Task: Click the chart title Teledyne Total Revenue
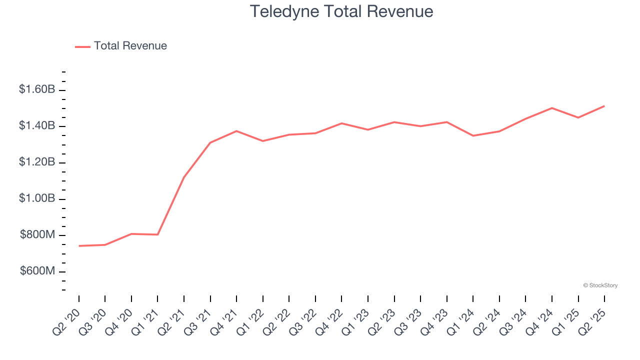point(341,11)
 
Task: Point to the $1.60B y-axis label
point(37,89)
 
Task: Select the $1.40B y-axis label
point(37,126)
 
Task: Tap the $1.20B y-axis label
point(37,162)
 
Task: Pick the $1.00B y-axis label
point(37,198)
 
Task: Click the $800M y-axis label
point(37,235)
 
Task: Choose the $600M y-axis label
point(37,271)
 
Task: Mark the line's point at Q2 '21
point(184,177)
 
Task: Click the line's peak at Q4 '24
point(552,108)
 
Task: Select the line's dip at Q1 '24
point(473,135)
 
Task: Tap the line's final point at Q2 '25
point(604,106)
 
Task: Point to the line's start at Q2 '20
point(79,246)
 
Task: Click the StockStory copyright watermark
point(600,285)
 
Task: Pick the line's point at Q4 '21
point(236,131)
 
